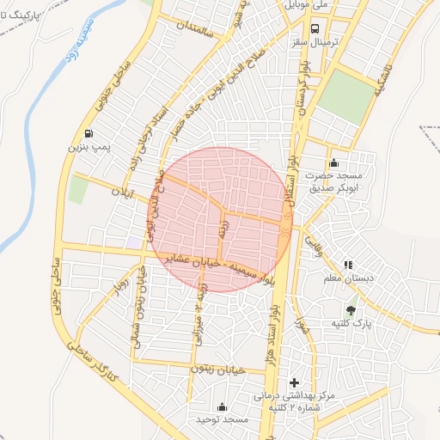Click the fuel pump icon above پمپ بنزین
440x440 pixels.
(x=89, y=133)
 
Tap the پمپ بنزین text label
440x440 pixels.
(x=89, y=148)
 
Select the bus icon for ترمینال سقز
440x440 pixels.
(x=314, y=27)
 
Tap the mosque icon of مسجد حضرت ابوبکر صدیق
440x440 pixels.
(x=333, y=163)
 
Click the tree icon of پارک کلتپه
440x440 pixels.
(x=351, y=309)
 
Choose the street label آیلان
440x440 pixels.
(x=125, y=192)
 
